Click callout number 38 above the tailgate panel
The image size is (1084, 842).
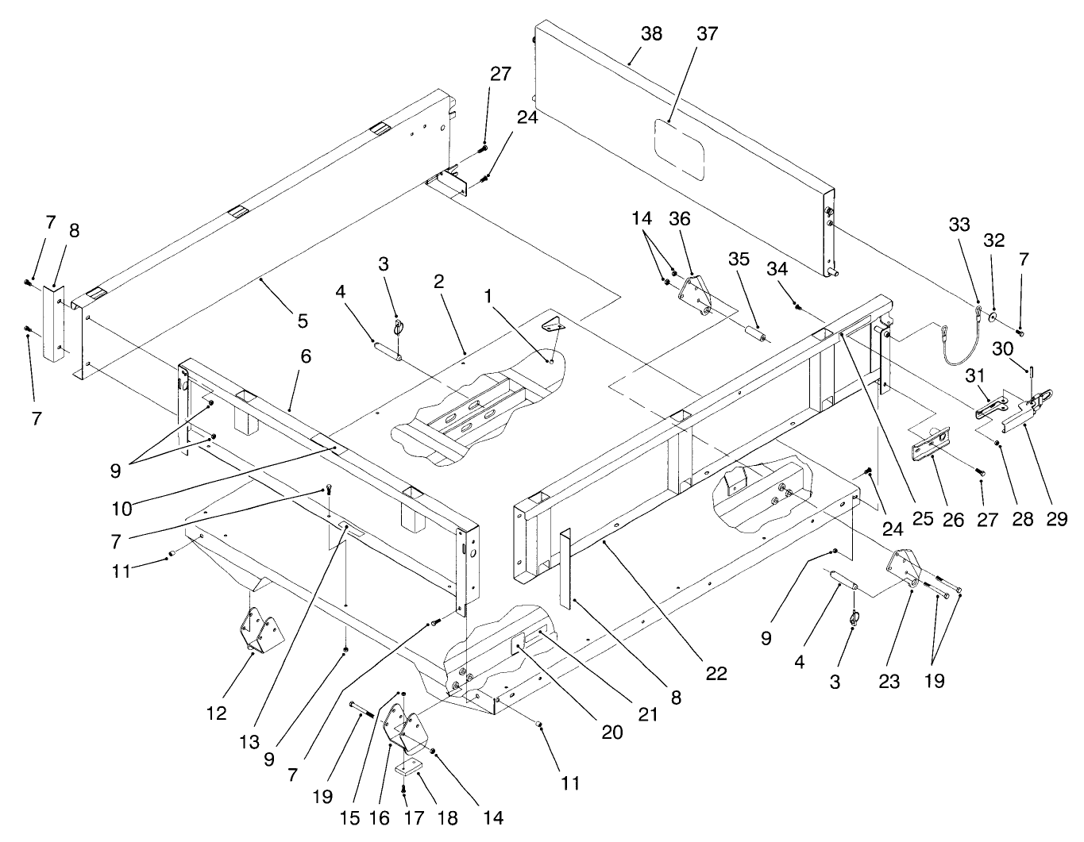pos(651,33)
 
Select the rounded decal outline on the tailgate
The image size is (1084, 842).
pos(679,148)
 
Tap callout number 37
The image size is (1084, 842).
pos(707,33)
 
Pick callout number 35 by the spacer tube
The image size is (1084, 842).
pos(739,260)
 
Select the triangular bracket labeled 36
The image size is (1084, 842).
pos(695,296)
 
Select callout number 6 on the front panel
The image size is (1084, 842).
pos(306,356)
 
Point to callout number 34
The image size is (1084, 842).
pos(777,269)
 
